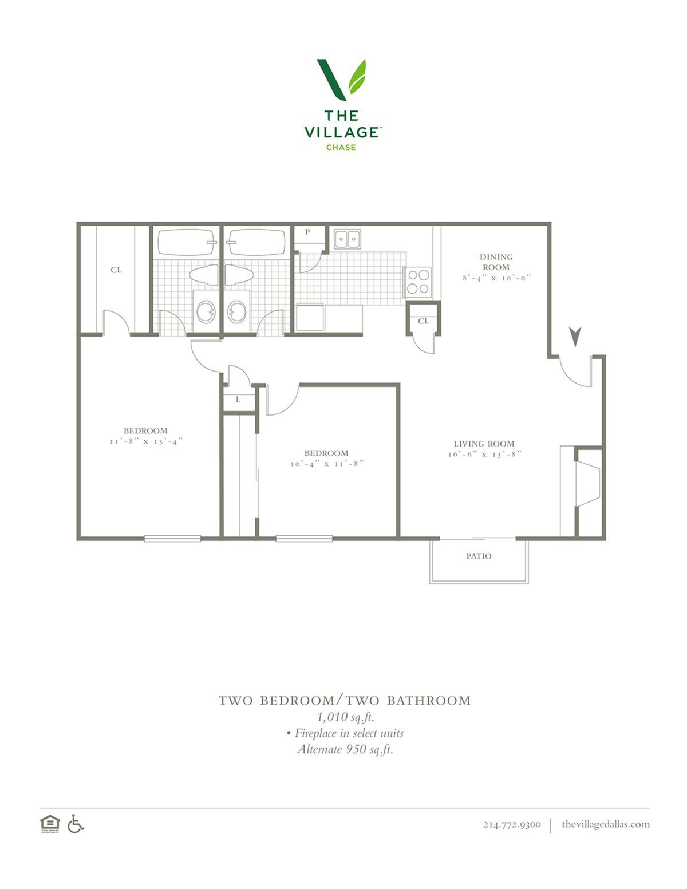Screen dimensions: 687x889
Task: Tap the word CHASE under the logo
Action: (x=341, y=147)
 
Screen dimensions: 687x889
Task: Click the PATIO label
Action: (x=479, y=556)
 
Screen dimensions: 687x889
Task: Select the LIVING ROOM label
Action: (x=484, y=444)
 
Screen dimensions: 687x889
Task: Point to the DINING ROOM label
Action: (x=496, y=262)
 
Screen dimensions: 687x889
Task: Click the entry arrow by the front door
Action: (x=575, y=336)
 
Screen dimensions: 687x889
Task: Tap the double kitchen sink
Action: (x=348, y=239)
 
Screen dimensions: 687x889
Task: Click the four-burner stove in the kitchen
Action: (x=418, y=282)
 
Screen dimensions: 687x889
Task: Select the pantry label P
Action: (x=307, y=232)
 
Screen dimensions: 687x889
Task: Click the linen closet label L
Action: (x=238, y=400)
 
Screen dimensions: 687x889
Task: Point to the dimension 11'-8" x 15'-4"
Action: (x=146, y=441)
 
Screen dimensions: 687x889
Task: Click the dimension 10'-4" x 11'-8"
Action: (x=327, y=464)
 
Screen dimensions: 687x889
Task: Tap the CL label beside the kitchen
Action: (x=424, y=321)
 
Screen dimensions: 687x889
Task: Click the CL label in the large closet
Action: (x=116, y=270)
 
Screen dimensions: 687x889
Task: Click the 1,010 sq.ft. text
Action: (x=346, y=717)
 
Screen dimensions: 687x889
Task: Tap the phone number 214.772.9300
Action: (x=512, y=824)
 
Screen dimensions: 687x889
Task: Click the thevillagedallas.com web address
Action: (x=606, y=824)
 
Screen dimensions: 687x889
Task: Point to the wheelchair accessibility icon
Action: (x=76, y=824)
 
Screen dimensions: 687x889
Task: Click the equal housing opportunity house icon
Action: (x=50, y=824)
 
